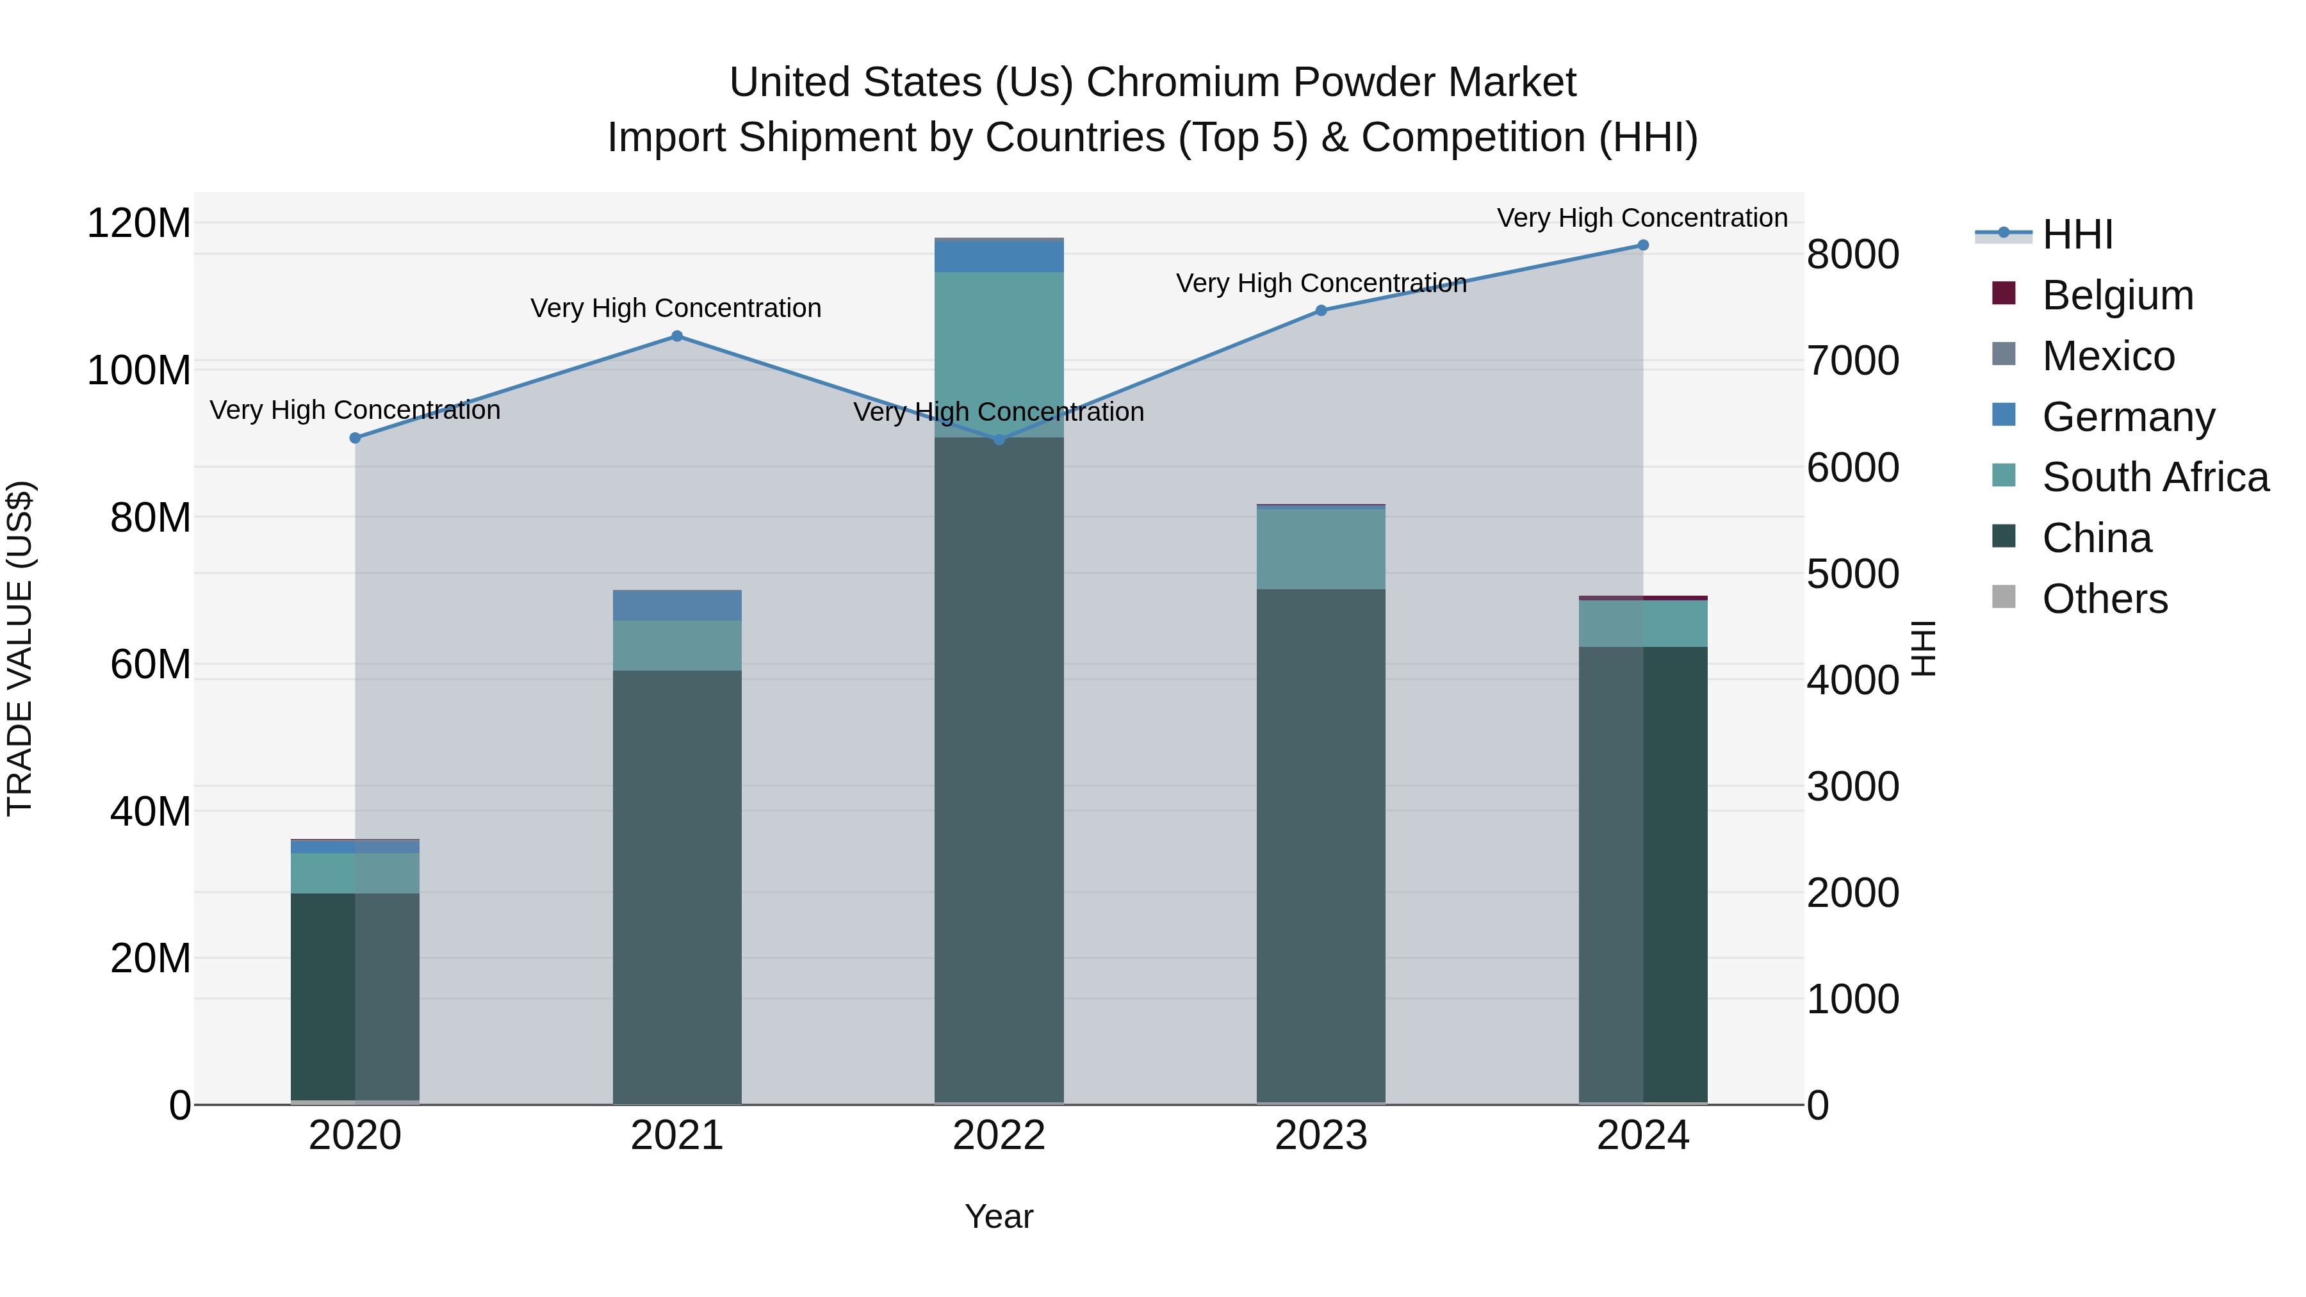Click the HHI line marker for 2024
click(1642, 245)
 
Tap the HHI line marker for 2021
click(677, 336)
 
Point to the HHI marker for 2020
click(356, 437)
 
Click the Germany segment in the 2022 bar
click(999, 256)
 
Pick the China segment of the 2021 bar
click(677, 886)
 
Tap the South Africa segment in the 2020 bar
click(356, 873)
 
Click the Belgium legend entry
click(2117, 295)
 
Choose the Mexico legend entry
click(2107, 356)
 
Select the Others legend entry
click(2104, 599)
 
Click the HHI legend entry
click(2077, 234)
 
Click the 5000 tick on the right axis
click(1852, 574)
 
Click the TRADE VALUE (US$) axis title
click(20, 648)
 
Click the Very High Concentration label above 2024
click(1642, 218)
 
